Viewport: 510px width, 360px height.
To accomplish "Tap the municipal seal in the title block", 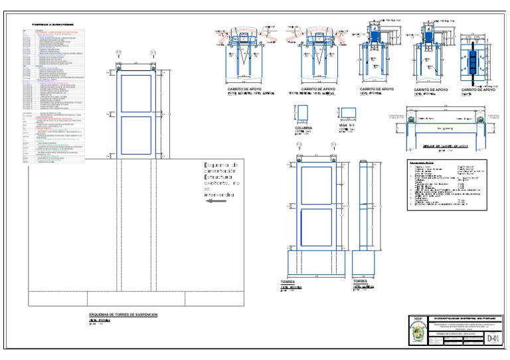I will pyautogui.click(x=417, y=335).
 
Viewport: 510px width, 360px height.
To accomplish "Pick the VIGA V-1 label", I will pyautogui.click(x=348, y=125).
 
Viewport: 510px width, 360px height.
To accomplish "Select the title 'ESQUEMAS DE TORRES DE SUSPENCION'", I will pyautogui.click(x=123, y=314).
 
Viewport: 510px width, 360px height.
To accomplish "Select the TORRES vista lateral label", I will pyautogui.click(x=361, y=282).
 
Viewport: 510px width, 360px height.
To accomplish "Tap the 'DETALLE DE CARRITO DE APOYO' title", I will pyautogui.click(x=444, y=145).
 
